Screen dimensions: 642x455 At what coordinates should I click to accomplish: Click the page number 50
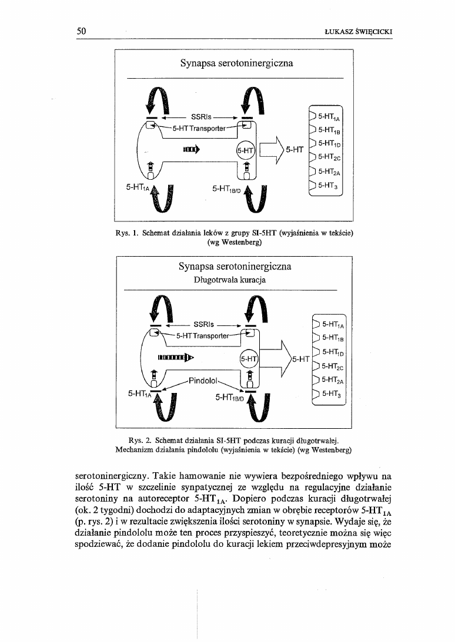[82, 32]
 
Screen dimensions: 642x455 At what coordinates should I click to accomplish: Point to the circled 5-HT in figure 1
[245, 150]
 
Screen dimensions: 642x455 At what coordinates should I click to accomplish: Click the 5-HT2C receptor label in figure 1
[329, 157]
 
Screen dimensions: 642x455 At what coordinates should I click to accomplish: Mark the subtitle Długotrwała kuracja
[230, 280]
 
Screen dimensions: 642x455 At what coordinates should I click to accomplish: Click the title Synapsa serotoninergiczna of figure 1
[237, 62]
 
